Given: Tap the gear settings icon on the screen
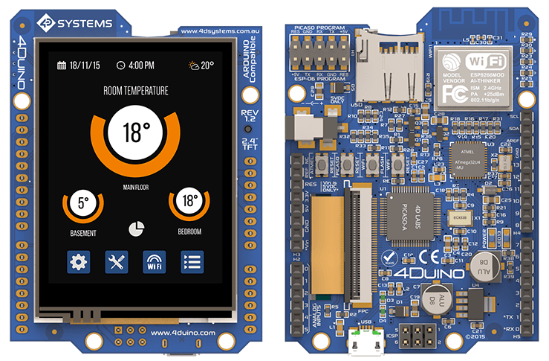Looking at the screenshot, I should (x=79, y=261).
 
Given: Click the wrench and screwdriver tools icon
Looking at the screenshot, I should (x=117, y=261).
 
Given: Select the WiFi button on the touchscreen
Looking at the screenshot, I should (x=154, y=261).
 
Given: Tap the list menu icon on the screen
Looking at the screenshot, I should (x=192, y=261).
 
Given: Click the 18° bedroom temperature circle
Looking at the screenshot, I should (x=189, y=201).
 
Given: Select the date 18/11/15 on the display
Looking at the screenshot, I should (x=79, y=66).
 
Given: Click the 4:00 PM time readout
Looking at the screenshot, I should (x=135, y=66).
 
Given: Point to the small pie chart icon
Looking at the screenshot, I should (x=136, y=229).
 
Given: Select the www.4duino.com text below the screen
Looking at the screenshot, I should (x=182, y=333).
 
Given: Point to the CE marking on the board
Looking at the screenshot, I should (x=430, y=258).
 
